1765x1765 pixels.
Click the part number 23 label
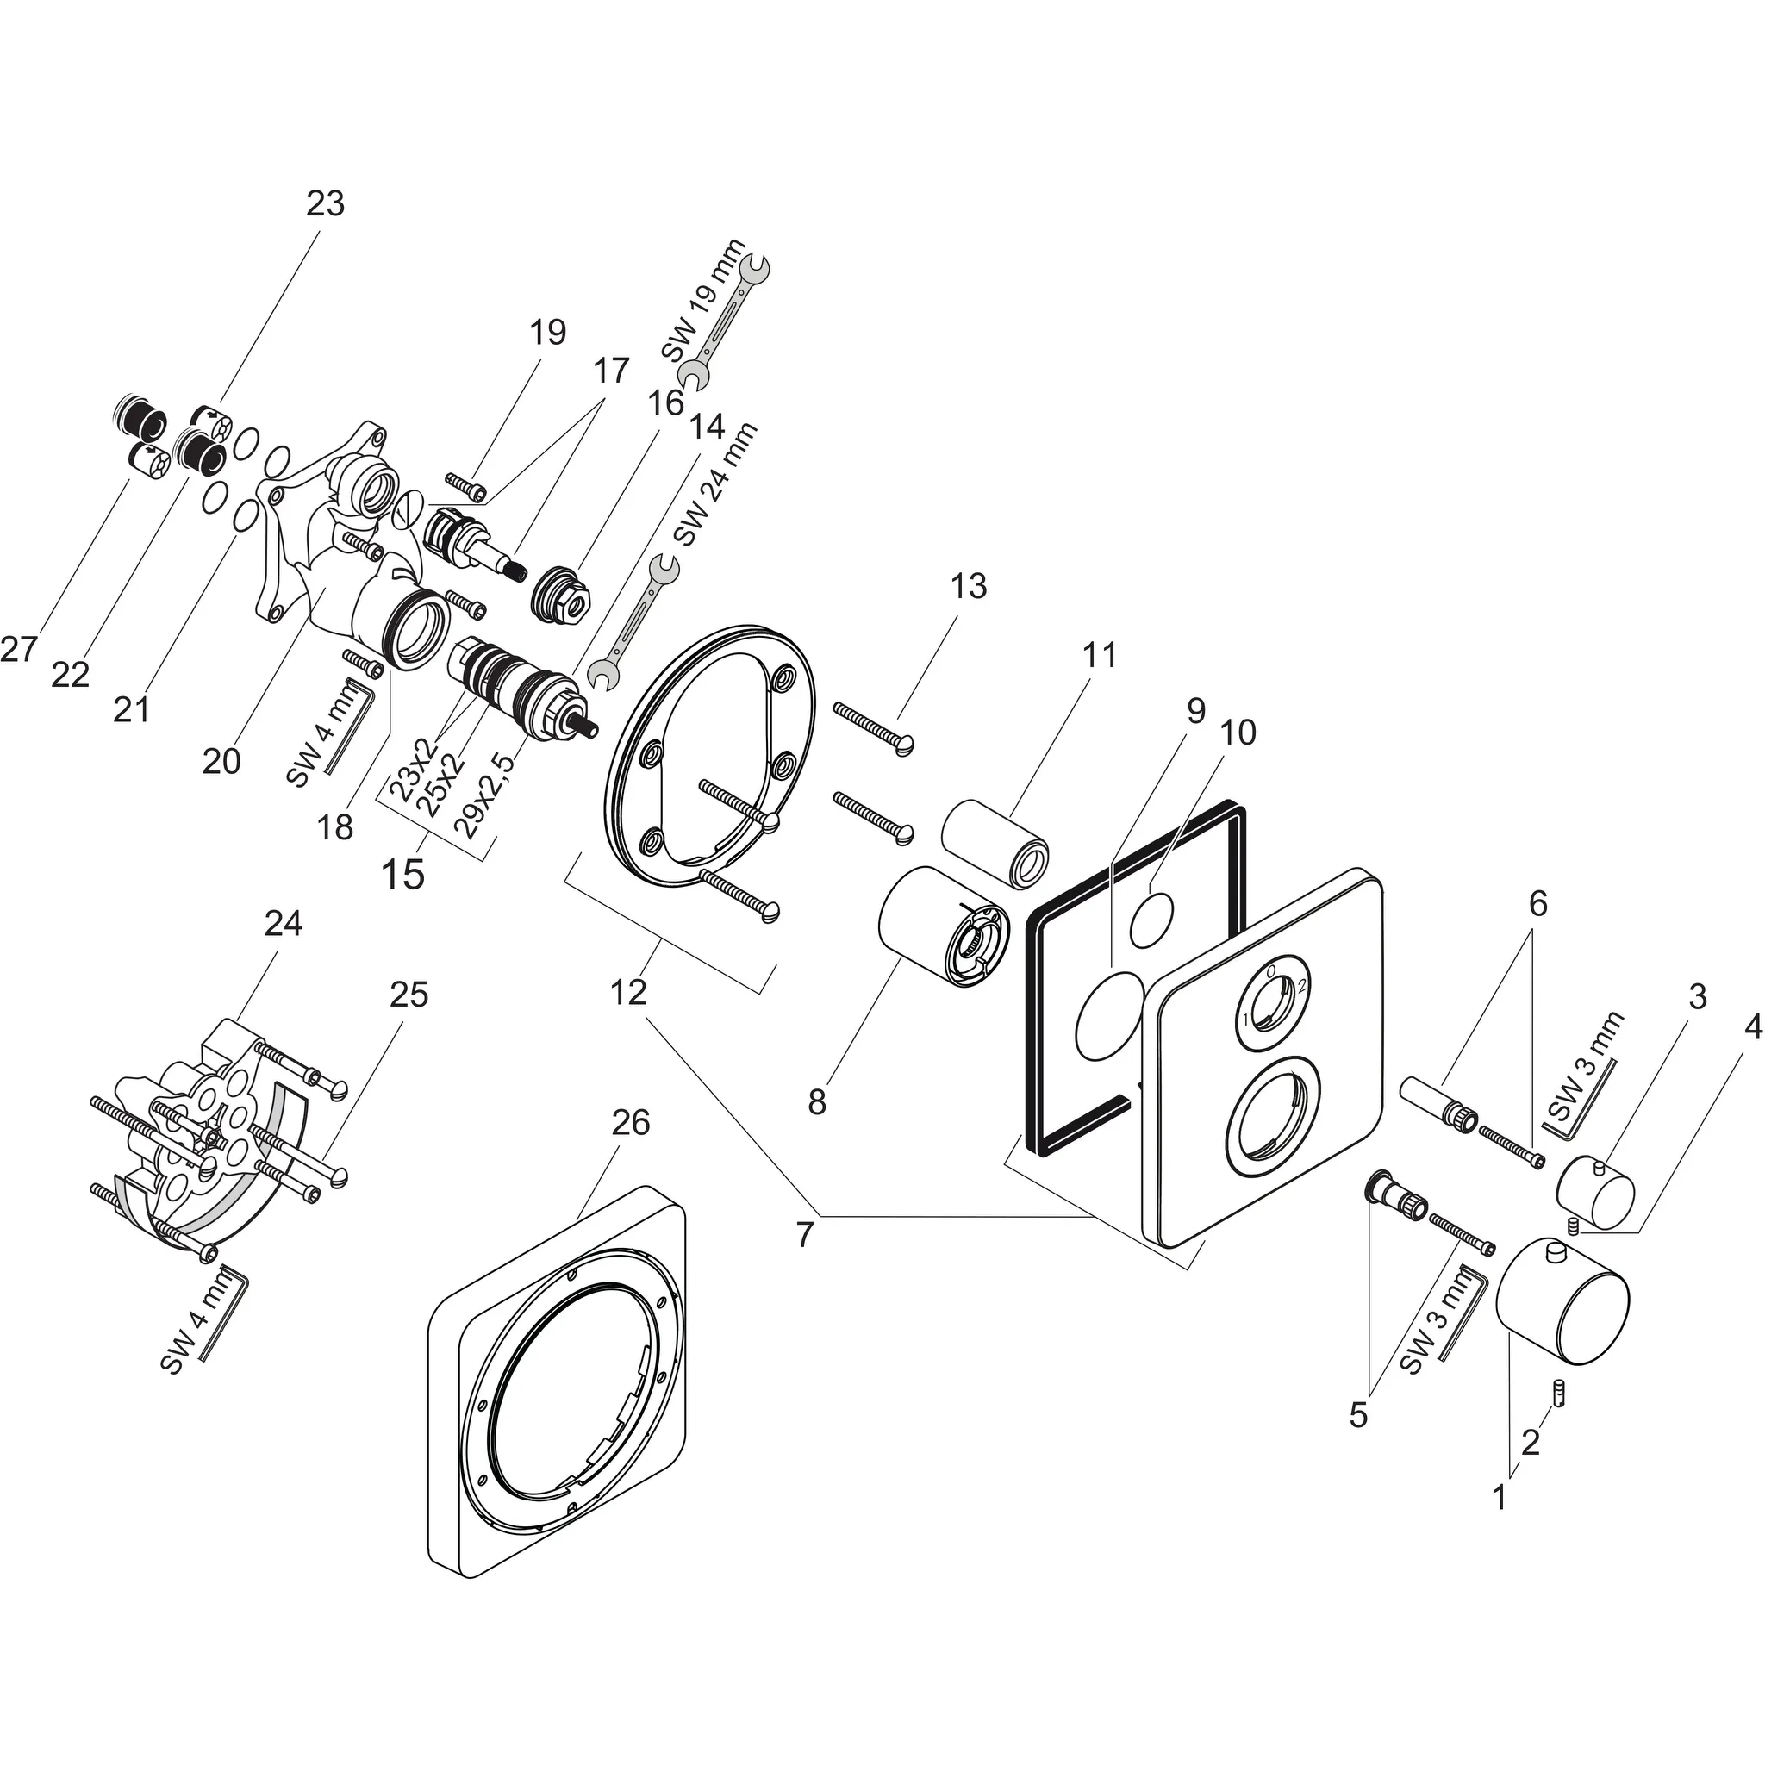(324, 203)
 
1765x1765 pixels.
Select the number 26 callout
(630, 1123)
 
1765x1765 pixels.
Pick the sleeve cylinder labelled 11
(995, 842)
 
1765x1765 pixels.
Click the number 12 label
(628, 991)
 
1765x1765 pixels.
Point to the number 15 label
(402, 874)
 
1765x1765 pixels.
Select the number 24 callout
(284, 924)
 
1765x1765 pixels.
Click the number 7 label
(804, 1235)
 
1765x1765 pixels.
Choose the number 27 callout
(18, 650)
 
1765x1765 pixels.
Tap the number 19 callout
(547, 332)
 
